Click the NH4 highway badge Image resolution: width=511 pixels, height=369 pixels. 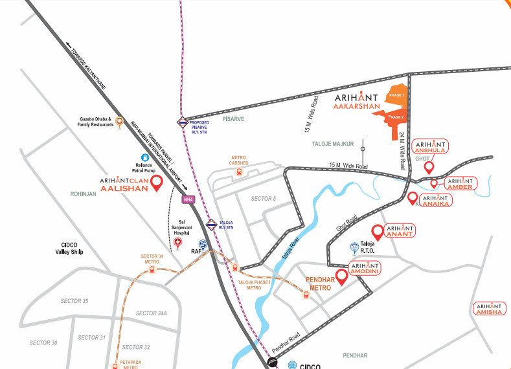pos(188,199)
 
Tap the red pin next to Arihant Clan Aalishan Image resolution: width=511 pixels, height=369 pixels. pos(155,184)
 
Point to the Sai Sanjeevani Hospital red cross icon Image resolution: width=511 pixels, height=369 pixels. pos(179,243)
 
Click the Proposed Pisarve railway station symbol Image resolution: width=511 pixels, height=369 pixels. pos(183,120)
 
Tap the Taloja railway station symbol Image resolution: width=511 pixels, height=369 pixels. pos(210,225)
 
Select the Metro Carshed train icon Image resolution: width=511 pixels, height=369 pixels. pos(239,172)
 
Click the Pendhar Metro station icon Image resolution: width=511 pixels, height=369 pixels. pos(306,295)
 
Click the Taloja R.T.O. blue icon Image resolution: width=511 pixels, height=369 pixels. pos(354,247)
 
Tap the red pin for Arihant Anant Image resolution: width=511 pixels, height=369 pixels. pos(376,231)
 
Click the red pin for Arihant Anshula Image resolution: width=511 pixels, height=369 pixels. pos(428,167)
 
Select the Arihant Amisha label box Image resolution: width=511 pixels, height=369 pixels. pos(489,309)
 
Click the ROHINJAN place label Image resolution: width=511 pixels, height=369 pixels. pos(84,193)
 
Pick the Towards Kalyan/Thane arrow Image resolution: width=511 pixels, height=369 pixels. pos(68,45)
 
